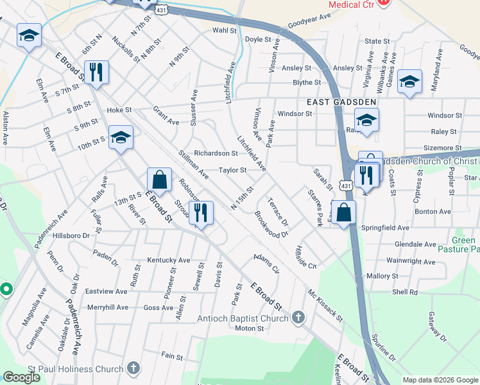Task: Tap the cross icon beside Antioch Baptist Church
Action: (x=298, y=317)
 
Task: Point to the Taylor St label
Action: (x=232, y=170)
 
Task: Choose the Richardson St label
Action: (x=216, y=153)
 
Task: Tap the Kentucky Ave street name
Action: (x=169, y=260)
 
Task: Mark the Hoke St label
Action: (x=119, y=110)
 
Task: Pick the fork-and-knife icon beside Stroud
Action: (x=201, y=213)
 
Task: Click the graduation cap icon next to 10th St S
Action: (x=120, y=137)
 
